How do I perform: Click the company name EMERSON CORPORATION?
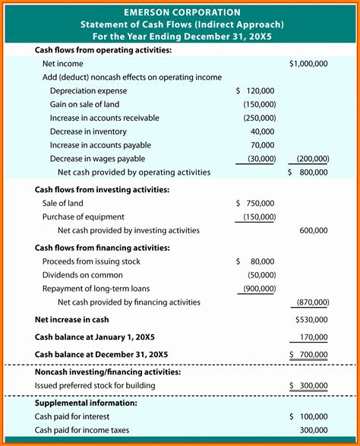point(180,12)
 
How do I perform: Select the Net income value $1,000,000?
point(308,64)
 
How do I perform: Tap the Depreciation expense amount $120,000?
point(256,90)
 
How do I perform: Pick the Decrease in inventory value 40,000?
point(262,131)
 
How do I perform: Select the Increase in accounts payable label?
point(100,145)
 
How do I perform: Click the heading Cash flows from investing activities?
point(102,190)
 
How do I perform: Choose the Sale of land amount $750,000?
point(256,204)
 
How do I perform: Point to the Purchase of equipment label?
point(83,217)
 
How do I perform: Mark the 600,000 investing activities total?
point(314,230)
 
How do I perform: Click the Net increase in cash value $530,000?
point(311,320)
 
